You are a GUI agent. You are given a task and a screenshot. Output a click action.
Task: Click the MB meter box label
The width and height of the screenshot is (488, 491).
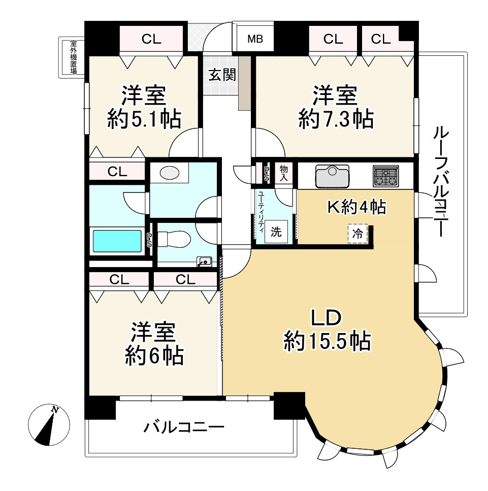coord(255,39)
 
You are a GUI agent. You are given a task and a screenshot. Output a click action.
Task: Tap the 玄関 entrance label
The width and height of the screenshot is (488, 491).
coord(222,75)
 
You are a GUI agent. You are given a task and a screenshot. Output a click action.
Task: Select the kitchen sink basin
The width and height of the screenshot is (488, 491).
coord(332,176)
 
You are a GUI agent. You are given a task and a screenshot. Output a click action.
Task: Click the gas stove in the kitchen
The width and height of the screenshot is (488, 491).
coord(385,176)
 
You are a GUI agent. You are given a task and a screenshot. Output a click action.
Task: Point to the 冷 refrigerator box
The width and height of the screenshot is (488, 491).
coord(357,234)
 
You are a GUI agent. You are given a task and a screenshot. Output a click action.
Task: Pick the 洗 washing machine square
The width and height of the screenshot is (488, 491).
coord(276,232)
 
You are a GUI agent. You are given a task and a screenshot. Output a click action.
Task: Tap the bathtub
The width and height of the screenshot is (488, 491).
coord(117,241)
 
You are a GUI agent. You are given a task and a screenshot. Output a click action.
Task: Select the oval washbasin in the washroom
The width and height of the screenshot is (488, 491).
coord(170,173)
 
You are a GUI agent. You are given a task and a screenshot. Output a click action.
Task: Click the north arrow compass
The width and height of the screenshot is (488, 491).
coord(49,424)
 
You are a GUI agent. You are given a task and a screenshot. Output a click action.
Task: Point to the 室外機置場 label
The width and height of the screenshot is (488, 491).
coord(73,57)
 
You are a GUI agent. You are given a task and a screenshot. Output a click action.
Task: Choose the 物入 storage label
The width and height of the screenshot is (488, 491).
coord(283,174)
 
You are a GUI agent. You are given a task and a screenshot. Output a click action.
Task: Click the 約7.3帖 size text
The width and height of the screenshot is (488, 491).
coord(336,119)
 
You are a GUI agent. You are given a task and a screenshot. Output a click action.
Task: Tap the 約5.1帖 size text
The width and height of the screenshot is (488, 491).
coord(144,119)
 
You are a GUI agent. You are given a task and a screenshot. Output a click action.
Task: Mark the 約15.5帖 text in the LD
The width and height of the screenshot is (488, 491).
coord(327,341)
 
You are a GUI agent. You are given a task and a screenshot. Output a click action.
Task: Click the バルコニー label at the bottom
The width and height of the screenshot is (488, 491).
coord(184,427)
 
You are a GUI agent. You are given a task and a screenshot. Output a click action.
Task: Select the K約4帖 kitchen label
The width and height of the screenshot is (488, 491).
coord(357,207)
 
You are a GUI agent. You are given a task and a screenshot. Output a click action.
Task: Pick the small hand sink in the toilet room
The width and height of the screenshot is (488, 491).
coord(204,261)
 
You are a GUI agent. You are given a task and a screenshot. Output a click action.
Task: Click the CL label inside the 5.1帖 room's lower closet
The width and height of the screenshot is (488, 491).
coord(117,172)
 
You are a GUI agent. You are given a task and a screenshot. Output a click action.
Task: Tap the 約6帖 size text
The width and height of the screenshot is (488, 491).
coord(154,355)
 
